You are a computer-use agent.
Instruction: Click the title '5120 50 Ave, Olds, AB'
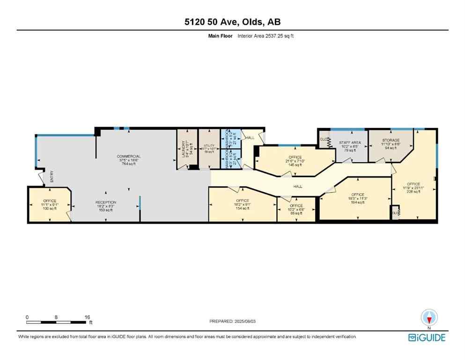coord(232,22)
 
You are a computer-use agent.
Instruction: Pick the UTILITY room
coord(208,149)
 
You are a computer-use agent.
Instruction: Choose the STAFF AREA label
coord(349,144)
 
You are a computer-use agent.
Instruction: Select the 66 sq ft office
coord(296,209)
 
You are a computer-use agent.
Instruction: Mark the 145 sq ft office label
coord(295,161)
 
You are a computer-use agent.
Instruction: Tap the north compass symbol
coord(429,317)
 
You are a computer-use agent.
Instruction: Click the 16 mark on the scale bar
coord(87,317)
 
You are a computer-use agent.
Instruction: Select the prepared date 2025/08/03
coord(232,321)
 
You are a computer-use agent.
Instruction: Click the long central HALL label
coord(297,187)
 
